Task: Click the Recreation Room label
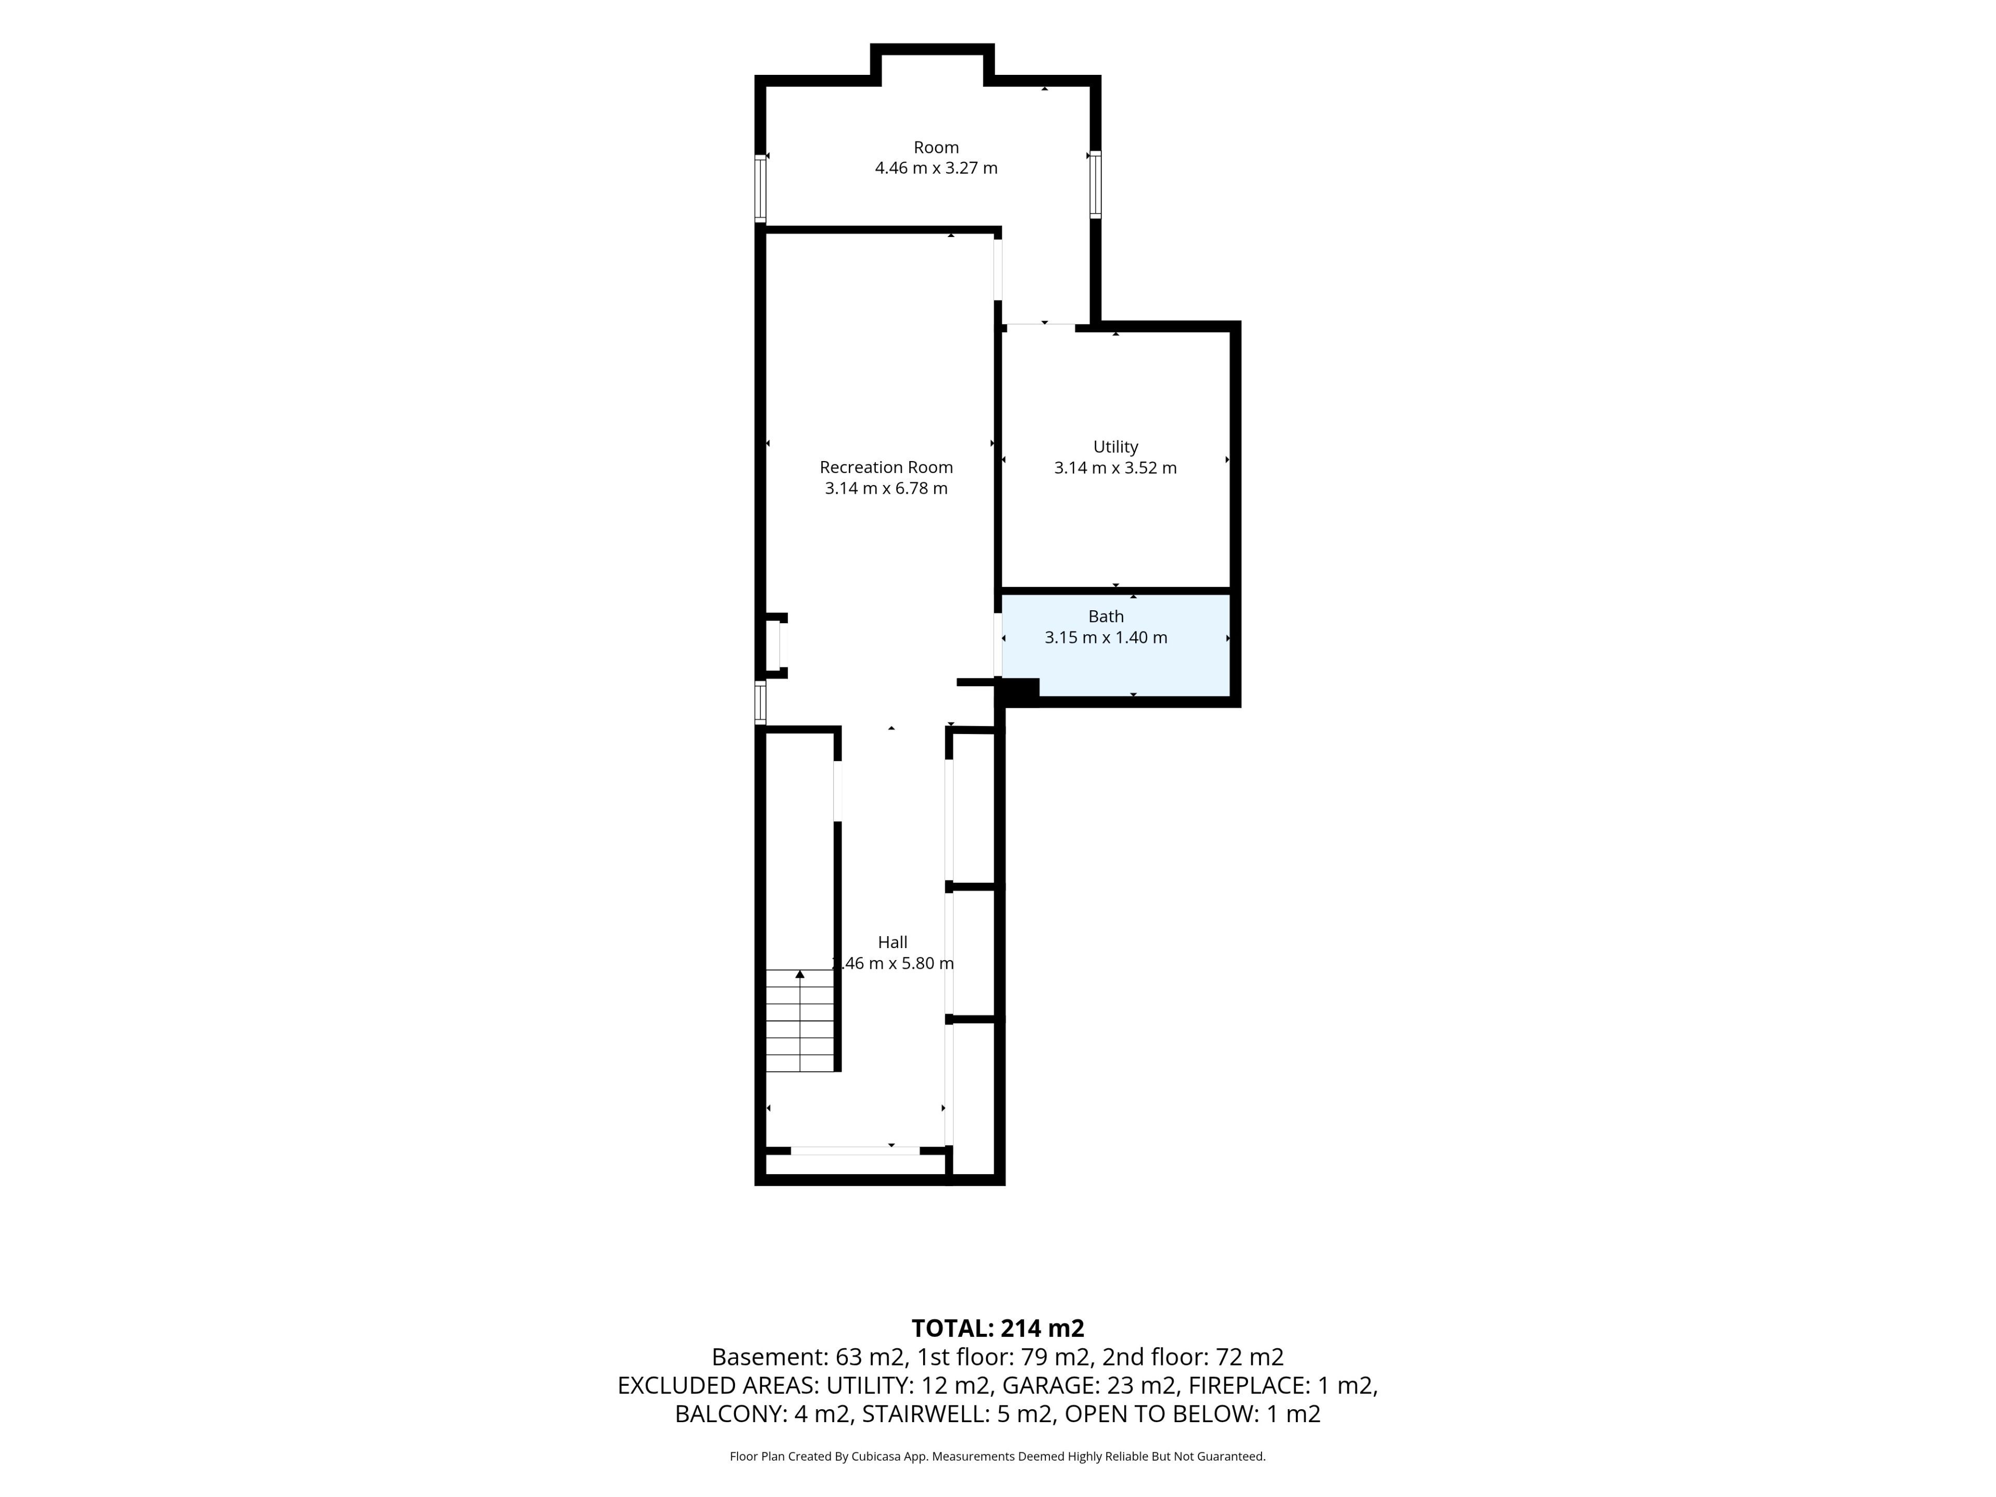click(886, 467)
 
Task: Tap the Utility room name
click(1115, 447)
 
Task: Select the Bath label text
click(1106, 616)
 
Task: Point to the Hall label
click(892, 942)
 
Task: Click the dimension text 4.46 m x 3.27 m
click(936, 168)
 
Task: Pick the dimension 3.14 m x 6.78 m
click(886, 488)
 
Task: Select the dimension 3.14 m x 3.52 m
click(1115, 467)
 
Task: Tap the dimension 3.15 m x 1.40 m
click(1106, 637)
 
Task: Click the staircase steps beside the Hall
click(799, 1020)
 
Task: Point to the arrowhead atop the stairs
click(799, 974)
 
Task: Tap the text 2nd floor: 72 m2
click(1193, 1357)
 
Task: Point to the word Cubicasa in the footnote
click(877, 1456)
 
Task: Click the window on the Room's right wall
click(1095, 184)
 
